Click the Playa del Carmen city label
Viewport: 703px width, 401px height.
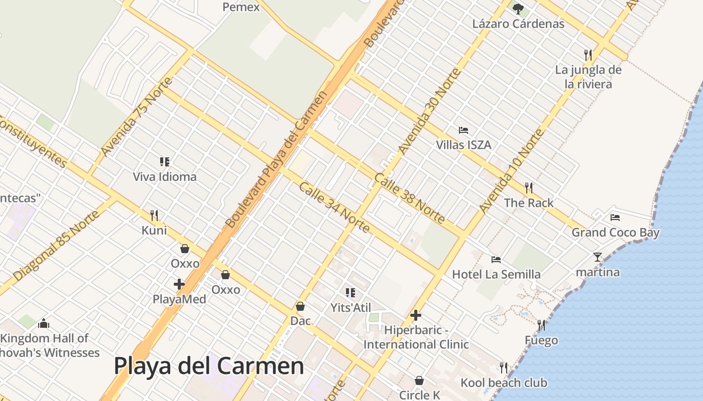click(x=209, y=366)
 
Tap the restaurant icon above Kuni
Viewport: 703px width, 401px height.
click(x=154, y=216)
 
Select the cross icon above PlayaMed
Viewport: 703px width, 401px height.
click(x=179, y=284)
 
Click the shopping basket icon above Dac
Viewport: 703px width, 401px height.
click(x=300, y=306)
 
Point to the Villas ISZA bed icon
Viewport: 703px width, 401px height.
click(x=463, y=130)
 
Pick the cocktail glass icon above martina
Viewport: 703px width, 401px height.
click(x=598, y=257)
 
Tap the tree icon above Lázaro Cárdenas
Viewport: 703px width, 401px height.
click(x=518, y=9)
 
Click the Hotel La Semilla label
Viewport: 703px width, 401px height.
click(x=496, y=274)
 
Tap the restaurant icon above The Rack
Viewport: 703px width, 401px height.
click(x=528, y=188)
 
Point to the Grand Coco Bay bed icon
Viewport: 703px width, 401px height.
click(x=615, y=218)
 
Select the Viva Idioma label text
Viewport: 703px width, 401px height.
click(x=165, y=177)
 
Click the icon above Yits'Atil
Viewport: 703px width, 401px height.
click(x=350, y=292)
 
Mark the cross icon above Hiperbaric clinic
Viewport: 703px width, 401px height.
click(x=416, y=315)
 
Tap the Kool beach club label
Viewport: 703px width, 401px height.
click(x=504, y=383)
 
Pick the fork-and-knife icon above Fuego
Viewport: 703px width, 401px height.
click(x=541, y=325)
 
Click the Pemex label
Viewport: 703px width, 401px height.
click(x=241, y=7)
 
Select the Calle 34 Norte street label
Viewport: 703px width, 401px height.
click(x=334, y=208)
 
